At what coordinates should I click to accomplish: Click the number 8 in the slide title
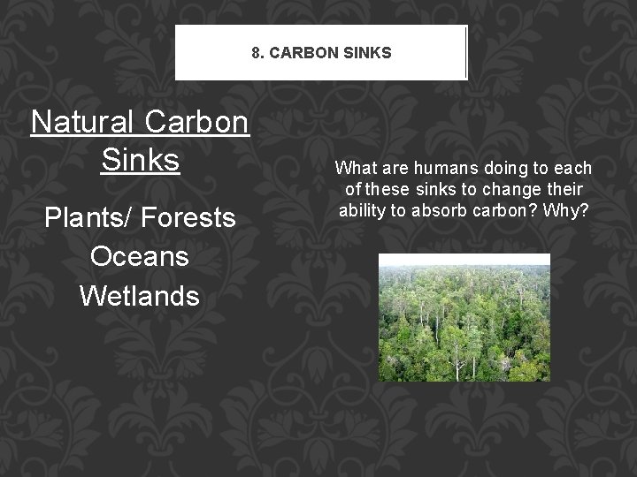pos(256,53)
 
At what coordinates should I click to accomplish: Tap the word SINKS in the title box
pos(366,53)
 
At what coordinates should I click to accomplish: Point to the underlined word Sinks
pos(141,160)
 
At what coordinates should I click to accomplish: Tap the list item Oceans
pos(140,256)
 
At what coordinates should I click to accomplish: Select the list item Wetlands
pos(140,295)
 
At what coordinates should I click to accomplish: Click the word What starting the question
pos(356,169)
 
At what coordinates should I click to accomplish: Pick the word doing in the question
pos(508,169)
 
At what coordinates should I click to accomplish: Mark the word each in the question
pos(575,169)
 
